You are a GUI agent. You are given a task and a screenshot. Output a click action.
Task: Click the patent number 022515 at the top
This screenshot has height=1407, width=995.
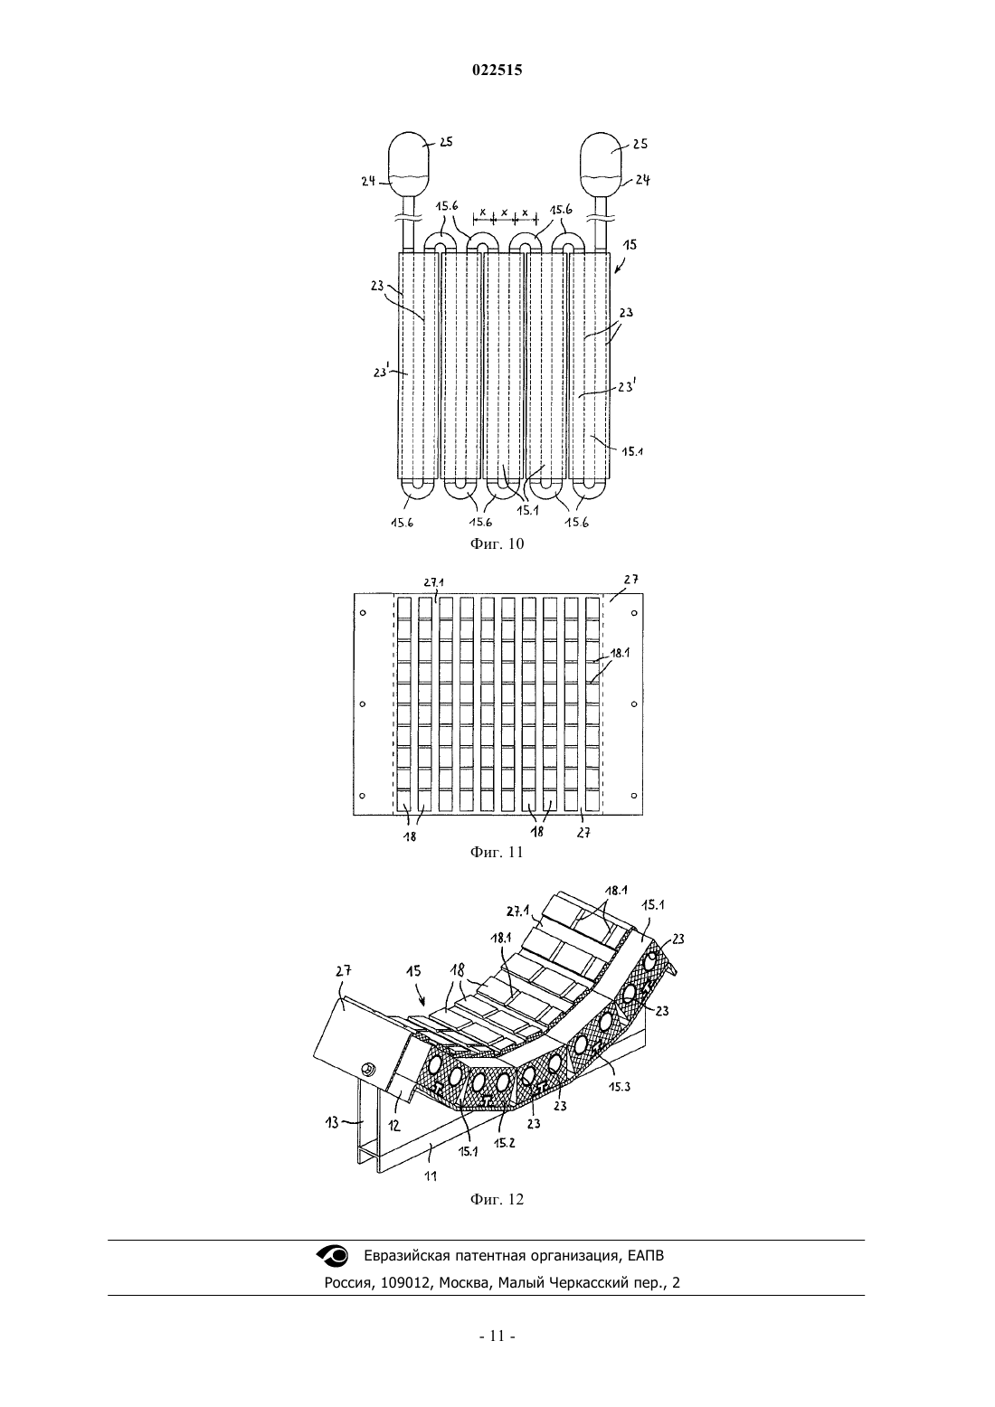point(497,70)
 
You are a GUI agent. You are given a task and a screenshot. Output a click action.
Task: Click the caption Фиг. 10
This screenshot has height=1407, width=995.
point(497,543)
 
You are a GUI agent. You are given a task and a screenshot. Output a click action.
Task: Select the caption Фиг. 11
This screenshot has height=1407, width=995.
point(497,852)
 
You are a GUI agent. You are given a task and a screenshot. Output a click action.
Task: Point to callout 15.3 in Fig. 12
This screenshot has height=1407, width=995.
point(619,1086)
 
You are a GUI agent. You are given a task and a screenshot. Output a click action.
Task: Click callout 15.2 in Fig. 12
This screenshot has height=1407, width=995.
point(504,1143)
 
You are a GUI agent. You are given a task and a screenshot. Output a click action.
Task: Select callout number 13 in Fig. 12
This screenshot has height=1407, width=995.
point(332,1122)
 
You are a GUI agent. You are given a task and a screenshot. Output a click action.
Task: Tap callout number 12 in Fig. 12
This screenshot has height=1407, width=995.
point(393,1126)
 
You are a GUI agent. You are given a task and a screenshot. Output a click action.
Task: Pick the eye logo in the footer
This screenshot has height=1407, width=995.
point(332,1256)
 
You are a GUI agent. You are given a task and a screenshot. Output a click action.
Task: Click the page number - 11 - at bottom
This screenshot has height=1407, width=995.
point(497,1336)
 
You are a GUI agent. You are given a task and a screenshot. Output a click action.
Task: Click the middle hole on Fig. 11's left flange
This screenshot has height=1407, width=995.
point(363,704)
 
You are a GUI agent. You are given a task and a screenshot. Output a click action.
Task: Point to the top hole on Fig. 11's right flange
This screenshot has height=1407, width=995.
point(634,613)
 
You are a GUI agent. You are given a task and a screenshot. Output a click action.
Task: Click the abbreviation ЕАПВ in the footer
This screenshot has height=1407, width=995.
point(645,1256)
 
